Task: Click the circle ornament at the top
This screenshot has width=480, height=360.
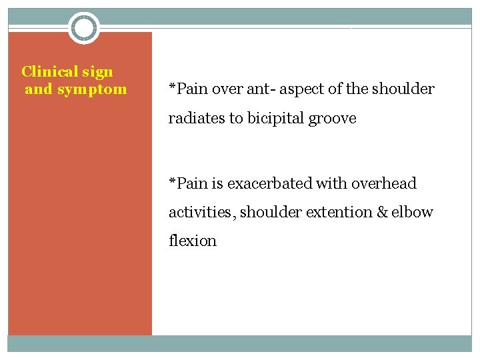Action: pos(84,28)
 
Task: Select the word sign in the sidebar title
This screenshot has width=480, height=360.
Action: pos(98,72)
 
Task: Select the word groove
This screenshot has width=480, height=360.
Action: pos(333,119)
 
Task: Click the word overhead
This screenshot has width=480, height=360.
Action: pos(384,183)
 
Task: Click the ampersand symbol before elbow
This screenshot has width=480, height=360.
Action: pos(382,212)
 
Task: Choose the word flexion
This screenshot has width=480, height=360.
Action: pos(193,241)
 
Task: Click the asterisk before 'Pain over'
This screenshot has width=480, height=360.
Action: pos(172,87)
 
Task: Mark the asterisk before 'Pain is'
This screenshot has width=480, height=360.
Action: pos(172,182)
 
